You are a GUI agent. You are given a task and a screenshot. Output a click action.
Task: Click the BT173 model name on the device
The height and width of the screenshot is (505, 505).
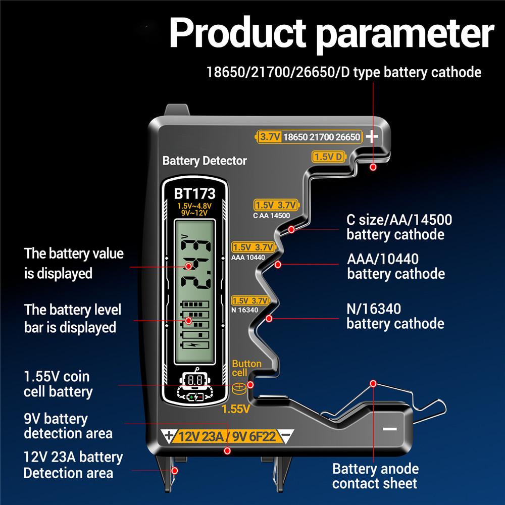tap(194, 193)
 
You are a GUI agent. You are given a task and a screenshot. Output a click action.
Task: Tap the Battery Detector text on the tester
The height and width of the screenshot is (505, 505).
tap(205, 161)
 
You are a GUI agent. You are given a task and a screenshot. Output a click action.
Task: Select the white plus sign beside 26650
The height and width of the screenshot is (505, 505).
tap(372, 136)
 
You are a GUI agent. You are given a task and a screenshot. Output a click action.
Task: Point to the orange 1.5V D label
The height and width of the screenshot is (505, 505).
tap(329, 157)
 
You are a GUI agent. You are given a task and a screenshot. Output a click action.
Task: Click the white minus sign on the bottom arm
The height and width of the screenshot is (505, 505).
tap(390, 429)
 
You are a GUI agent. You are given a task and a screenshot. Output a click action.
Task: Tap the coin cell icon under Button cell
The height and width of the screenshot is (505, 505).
tap(238, 388)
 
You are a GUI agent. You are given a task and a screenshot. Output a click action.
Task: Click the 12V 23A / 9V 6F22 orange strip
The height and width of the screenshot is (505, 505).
tap(225, 436)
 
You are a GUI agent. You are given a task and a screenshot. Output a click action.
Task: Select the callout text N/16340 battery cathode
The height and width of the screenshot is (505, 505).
tap(395, 316)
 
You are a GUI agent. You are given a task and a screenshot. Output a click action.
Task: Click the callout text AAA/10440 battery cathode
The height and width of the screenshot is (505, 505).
tap(396, 266)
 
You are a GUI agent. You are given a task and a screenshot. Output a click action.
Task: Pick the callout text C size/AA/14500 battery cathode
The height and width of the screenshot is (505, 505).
tap(399, 227)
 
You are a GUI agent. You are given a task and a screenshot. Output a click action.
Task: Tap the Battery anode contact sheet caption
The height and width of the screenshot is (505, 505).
tap(375, 475)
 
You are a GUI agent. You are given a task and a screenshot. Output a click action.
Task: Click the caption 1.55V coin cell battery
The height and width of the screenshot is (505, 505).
tap(58, 384)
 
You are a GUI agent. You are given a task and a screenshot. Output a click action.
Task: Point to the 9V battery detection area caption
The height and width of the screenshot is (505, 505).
tap(68, 426)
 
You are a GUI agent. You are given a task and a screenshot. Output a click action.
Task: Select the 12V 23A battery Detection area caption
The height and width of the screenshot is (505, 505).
tap(73, 465)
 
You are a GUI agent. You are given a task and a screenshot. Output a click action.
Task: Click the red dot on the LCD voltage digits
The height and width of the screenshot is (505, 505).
tap(188, 266)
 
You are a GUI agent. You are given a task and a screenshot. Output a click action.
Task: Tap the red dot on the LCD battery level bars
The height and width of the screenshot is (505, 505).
tap(188, 320)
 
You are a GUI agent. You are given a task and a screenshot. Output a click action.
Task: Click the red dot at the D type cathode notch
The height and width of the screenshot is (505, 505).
tap(374, 167)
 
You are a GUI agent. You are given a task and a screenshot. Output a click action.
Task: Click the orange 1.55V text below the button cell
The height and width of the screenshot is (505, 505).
tap(236, 409)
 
